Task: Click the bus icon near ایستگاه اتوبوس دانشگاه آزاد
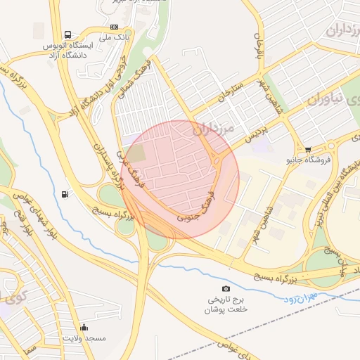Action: click(67, 34)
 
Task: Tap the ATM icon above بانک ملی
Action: click(115, 27)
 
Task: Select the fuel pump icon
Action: click(65, 194)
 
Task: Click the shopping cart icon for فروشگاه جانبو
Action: click(309, 149)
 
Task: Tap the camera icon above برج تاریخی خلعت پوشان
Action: click(226, 289)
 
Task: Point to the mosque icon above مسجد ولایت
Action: click(84, 327)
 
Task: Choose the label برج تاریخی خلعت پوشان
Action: click(226, 304)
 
